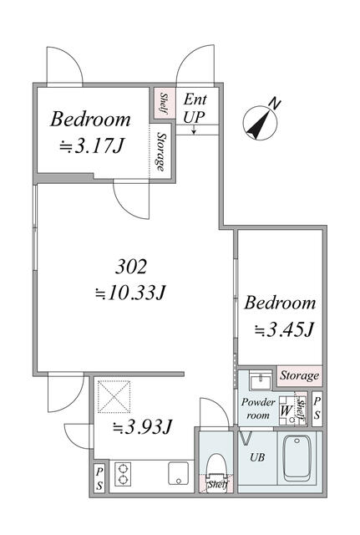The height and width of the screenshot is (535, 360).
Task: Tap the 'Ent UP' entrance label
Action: (195, 107)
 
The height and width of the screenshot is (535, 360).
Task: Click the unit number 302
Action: (130, 267)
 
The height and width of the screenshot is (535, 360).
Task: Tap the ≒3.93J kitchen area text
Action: (143, 427)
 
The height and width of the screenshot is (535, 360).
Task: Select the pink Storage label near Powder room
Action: (298, 376)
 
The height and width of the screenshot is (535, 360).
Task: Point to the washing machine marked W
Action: (286, 410)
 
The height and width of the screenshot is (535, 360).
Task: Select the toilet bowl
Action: (215, 461)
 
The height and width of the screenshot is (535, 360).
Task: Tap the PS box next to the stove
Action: (99, 477)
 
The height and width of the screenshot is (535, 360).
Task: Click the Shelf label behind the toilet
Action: (216, 484)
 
